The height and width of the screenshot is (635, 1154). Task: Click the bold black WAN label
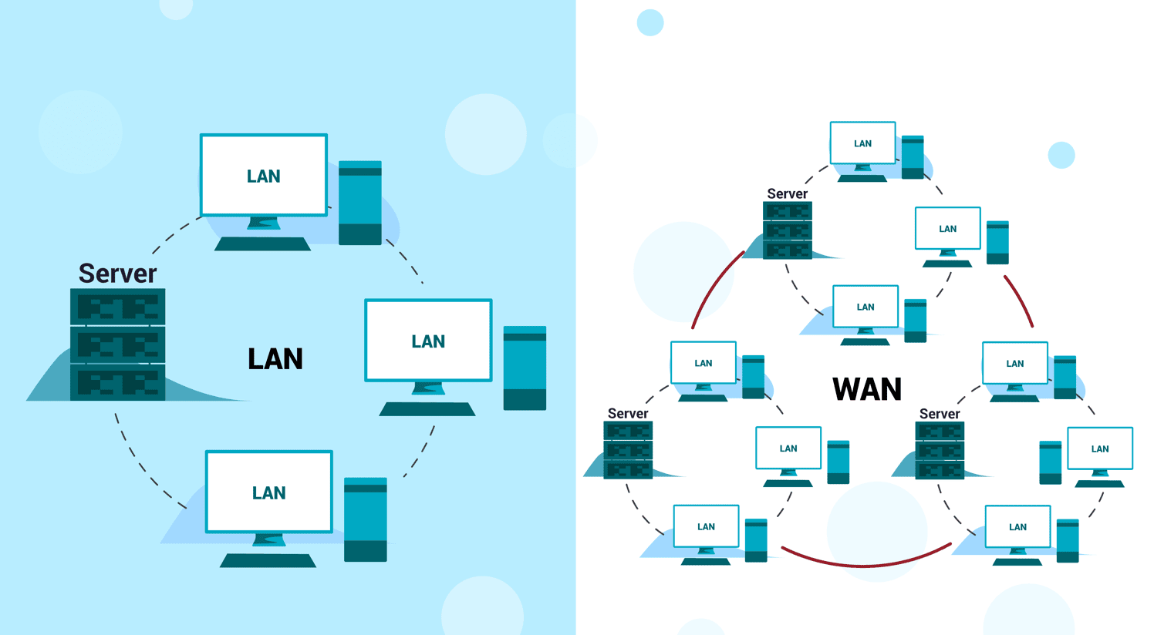[867, 389]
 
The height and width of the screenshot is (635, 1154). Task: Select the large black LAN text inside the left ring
[275, 358]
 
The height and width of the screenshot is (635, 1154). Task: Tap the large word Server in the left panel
[117, 274]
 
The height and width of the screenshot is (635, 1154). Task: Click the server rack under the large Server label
[117, 344]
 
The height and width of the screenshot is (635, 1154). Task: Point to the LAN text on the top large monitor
[263, 176]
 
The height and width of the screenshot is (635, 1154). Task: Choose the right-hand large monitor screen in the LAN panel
[428, 340]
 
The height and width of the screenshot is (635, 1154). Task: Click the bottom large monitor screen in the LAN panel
[269, 492]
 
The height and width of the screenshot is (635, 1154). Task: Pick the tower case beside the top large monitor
[360, 203]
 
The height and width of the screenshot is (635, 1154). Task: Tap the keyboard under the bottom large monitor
[268, 560]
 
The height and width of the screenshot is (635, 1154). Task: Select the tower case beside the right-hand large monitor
[525, 368]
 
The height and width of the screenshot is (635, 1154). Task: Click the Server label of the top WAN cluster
[787, 194]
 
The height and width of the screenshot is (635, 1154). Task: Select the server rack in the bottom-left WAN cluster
[628, 450]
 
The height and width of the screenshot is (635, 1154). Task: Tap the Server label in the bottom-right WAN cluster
[940, 414]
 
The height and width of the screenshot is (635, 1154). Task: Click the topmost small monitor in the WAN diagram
[863, 143]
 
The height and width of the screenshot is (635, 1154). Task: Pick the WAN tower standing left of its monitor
[1051, 462]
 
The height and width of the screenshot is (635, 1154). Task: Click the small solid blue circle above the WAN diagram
[650, 22]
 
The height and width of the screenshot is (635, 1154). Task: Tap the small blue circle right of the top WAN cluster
[1061, 155]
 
